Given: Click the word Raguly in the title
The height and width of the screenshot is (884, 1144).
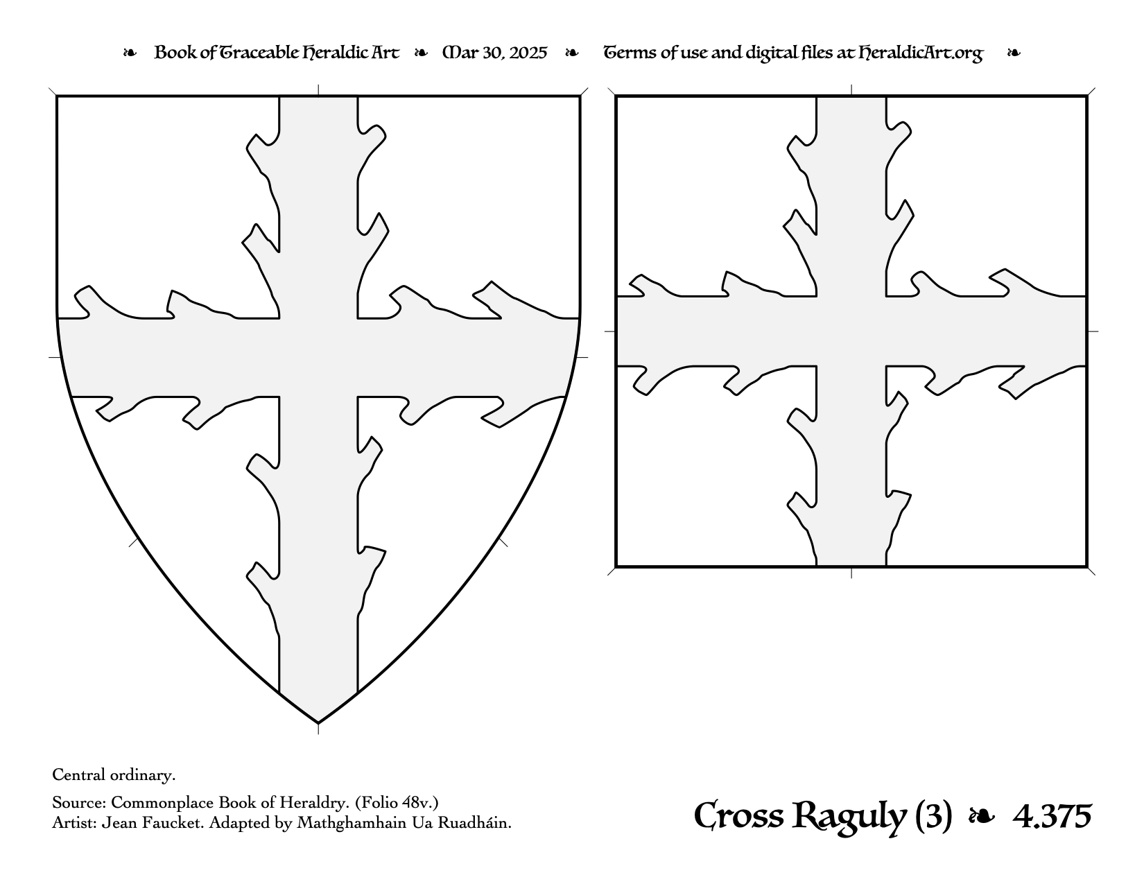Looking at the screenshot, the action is [849, 817].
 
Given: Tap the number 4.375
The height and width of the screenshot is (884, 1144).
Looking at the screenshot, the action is [1052, 817].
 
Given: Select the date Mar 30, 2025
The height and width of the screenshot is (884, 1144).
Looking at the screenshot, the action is [494, 53].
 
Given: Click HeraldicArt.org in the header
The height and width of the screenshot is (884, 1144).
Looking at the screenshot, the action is [920, 53].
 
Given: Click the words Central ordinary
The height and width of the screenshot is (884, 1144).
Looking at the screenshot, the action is [114, 774].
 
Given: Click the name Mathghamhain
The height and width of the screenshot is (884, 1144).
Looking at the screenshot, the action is [352, 823].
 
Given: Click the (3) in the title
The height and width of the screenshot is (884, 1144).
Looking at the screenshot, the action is [934, 817].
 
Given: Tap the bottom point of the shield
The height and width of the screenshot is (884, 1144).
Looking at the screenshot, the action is [318, 722].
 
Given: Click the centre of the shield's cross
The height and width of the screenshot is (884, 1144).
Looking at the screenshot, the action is [318, 358].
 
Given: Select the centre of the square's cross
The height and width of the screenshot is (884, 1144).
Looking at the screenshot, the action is [851, 331].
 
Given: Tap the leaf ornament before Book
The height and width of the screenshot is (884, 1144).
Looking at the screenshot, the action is [130, 53].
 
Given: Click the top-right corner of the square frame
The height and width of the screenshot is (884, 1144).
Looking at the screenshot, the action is [1086, 96].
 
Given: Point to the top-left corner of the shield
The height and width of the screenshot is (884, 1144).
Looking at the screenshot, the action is [57, 96].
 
